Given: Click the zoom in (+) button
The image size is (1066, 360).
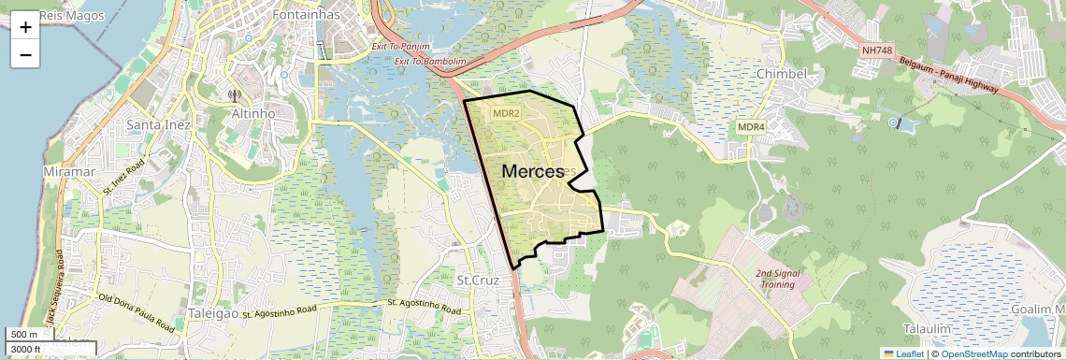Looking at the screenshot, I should coord(25,27).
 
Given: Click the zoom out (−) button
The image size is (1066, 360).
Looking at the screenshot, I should coord(25,54).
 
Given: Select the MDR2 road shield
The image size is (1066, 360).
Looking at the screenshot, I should coord(506,113).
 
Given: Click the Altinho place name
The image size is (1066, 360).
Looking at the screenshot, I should coord(252,113).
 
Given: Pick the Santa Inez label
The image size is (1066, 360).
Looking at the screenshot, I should coord(159,125).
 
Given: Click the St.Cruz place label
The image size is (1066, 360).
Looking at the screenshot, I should coord(481,280).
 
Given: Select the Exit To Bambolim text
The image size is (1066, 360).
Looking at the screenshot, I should coord(430,62).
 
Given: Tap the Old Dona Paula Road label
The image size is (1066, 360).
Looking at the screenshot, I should coord(136,312).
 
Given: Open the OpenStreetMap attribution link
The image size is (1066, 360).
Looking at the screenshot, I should coord(973,353).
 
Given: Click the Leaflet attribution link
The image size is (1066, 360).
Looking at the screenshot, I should coord(903,353).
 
